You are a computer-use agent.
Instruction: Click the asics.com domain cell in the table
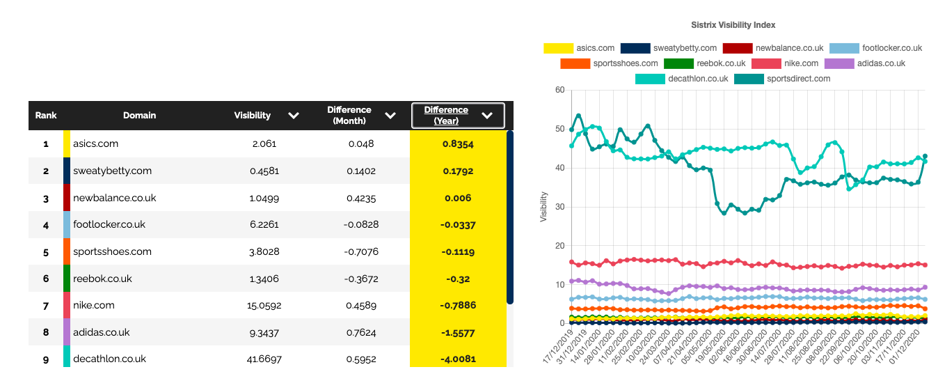point(95,143)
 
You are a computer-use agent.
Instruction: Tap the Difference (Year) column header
point(446,116)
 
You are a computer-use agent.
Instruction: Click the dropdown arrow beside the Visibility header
point(294,116)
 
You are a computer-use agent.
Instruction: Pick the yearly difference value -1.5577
point(458,332)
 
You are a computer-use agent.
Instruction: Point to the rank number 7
point(46,305)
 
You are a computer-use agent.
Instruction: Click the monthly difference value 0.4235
point(360,198)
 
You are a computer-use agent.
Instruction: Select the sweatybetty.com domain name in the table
point(112,171)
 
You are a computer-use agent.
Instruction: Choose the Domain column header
point(139,116)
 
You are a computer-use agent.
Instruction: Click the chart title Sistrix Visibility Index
point(733,25)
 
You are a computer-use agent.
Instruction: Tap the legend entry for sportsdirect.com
point(798,79)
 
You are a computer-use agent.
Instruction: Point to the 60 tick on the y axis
point(559,90)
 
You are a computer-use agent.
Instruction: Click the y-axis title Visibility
point(543,207)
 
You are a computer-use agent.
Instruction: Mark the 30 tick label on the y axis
point(559,207)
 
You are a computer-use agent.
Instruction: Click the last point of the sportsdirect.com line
point(925,156)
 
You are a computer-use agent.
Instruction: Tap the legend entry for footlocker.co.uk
point(891,48)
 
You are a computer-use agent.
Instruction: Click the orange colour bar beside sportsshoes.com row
point(67,251)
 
